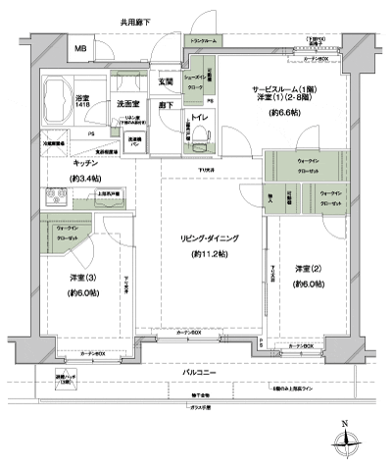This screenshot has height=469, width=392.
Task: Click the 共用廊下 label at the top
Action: pos(136,21)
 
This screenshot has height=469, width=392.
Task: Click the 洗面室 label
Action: pos(127,103)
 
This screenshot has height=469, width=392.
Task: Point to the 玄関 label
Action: pos(167,82)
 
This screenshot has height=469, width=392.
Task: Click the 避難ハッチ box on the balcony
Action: pos(67,380)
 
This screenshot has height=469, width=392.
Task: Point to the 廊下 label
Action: pos(167,105)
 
